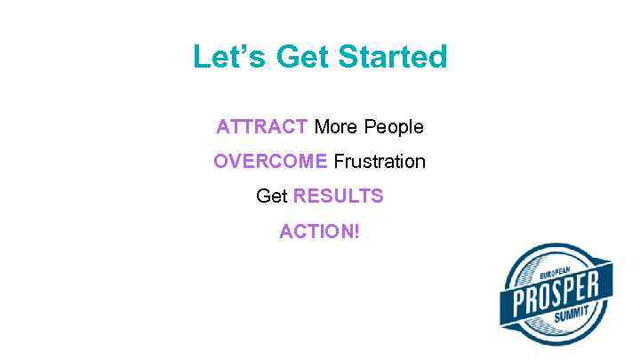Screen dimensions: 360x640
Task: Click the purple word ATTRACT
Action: [262, 127]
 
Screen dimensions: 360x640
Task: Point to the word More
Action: [335, 127]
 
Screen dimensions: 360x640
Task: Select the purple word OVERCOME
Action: [270, 162]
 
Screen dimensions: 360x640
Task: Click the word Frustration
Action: [380, 162]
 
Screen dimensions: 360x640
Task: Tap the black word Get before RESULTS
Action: [271, 196]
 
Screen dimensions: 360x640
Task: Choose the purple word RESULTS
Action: [339, 196]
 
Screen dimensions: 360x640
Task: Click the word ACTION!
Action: [320, 232]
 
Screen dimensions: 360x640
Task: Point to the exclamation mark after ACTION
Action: [357, 232]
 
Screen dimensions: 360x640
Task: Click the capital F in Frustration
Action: [339, 162]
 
